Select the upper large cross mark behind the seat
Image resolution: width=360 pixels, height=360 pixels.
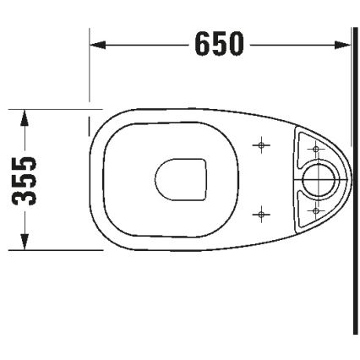[262, 145]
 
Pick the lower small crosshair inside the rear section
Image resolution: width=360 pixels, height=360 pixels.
[316, 207]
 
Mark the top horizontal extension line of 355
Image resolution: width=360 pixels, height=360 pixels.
[51, 108]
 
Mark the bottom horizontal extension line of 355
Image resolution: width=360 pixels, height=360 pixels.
[51, 250]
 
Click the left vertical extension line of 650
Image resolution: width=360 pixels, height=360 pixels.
[90, 68]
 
